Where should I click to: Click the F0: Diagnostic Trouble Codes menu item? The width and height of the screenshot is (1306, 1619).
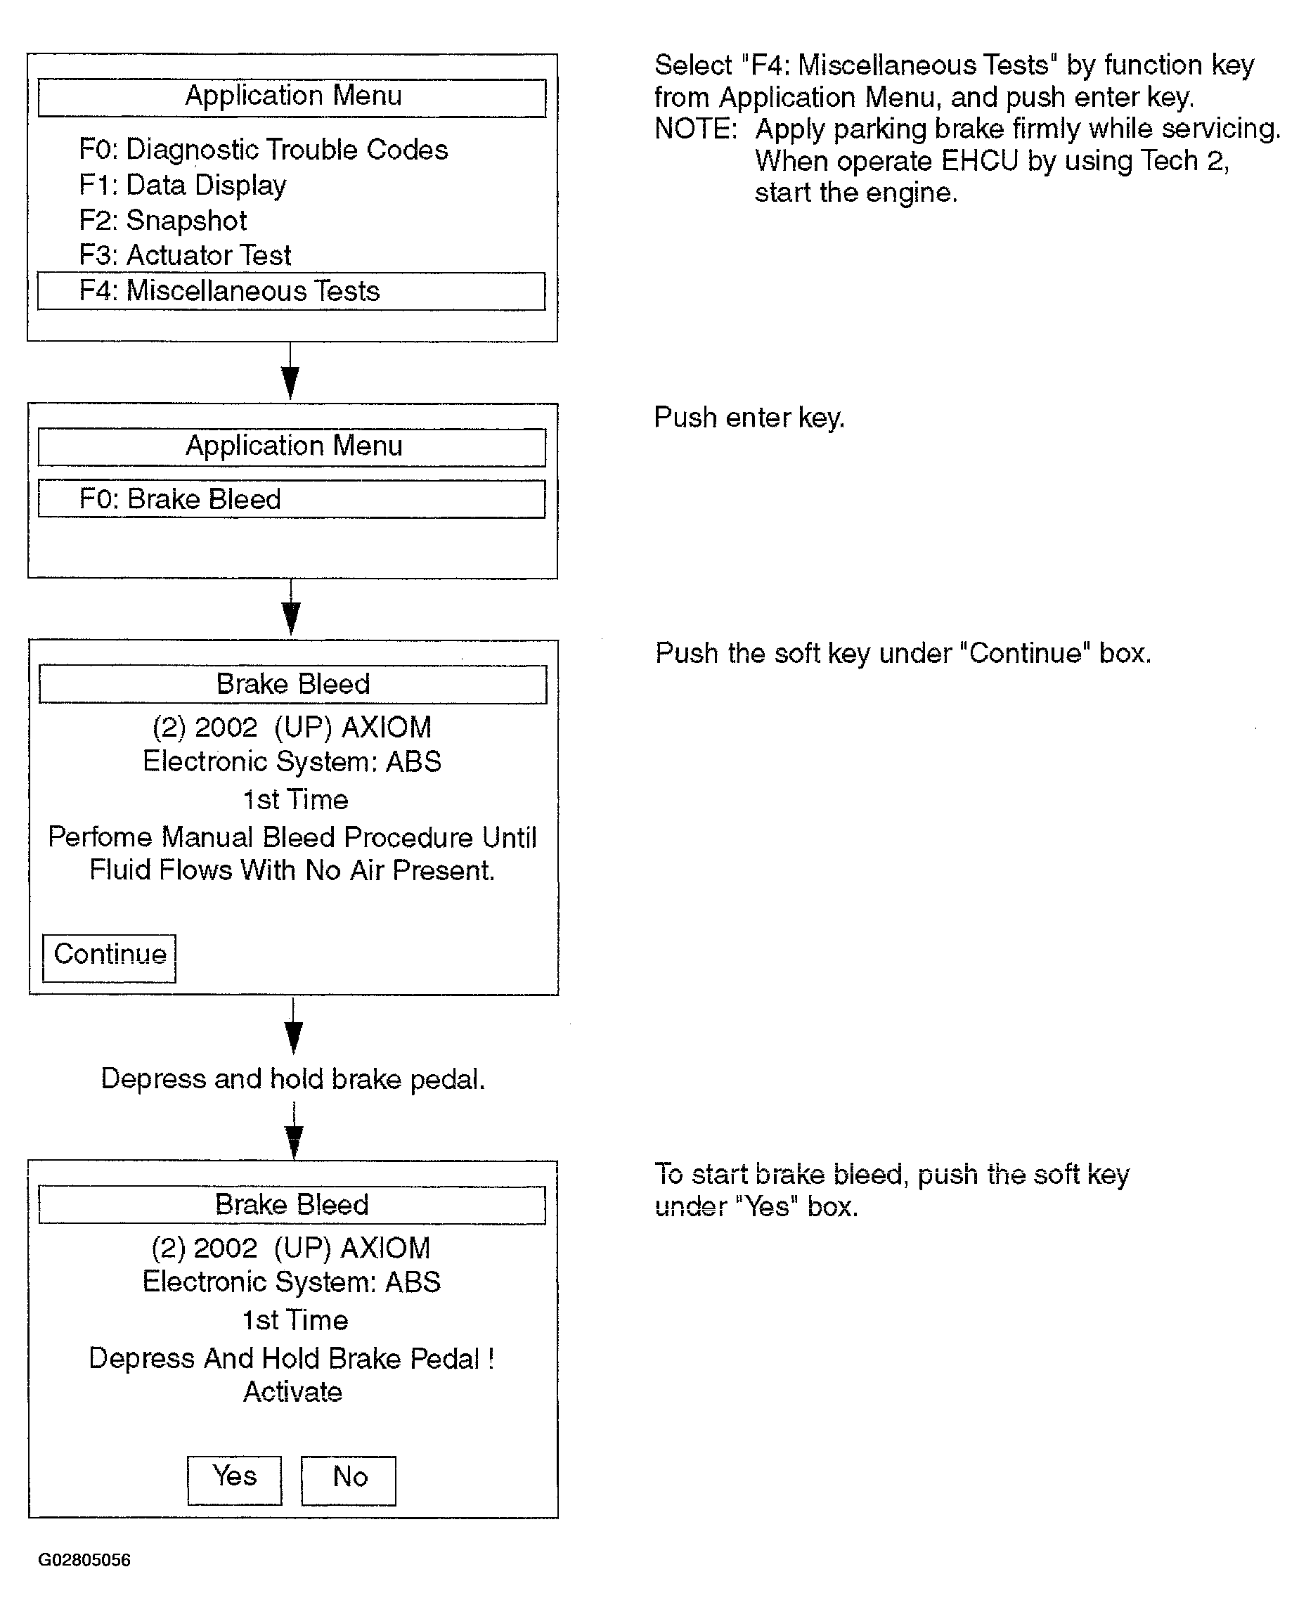tap(264, 150)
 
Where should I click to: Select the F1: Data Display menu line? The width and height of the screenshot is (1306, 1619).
tap(183, 185)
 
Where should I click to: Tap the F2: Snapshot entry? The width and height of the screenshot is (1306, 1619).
tap(163, 221)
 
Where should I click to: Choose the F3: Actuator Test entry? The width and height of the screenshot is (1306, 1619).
tap(185, 255)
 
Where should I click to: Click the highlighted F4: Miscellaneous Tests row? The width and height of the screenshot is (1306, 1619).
tap(291, 291)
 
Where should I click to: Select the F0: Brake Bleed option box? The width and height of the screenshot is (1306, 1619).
tap(291, 499)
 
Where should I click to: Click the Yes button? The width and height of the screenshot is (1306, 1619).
tap(235, 1481)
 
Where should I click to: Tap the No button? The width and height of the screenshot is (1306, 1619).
tap(349, 1481)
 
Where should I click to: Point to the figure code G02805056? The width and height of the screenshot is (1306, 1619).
tap(84, 1559)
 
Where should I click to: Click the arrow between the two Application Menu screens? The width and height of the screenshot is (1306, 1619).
tap(290, 372)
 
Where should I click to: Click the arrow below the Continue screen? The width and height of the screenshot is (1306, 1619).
tap(293, 1026)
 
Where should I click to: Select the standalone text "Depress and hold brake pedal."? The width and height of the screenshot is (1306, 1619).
tap(293, 1079)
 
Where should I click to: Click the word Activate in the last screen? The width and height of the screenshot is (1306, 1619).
tap(292, 1392)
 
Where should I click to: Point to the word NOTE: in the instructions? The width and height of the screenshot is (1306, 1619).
tap(696, 129)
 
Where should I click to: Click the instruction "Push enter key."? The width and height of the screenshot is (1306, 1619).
tap(749, 418)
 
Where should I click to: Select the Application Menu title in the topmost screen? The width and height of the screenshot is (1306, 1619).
tap(293, 96)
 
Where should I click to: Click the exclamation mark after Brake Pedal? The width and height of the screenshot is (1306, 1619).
tap(491, 1359)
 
